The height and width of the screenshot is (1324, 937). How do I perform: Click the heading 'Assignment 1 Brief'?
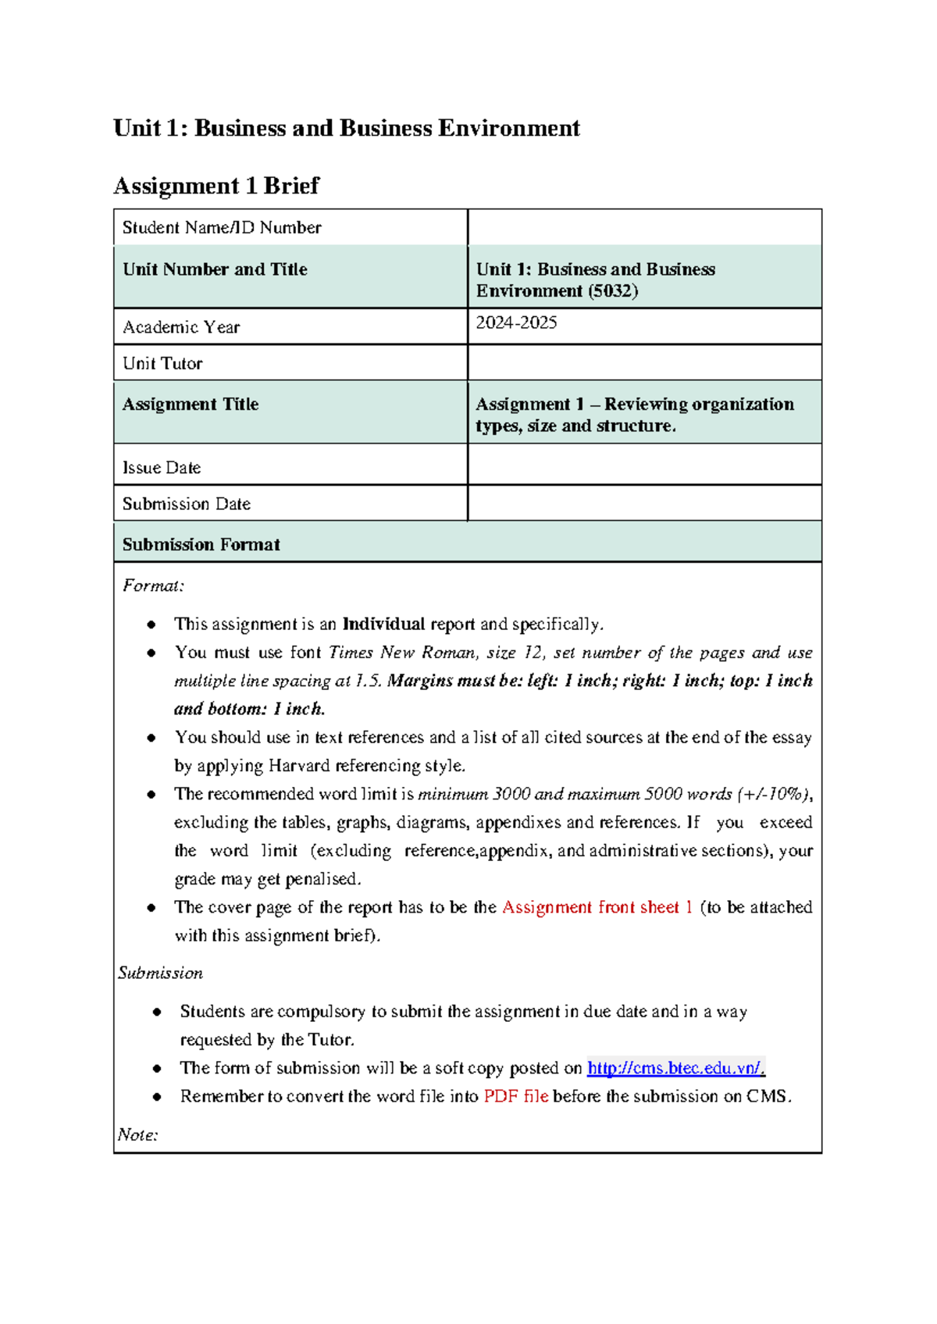(216, 186)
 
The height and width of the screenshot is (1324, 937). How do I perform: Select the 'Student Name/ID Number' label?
(222, 228)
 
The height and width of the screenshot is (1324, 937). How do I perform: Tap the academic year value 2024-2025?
(516, 322)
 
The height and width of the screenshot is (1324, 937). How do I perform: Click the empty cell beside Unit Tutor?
(644, 363)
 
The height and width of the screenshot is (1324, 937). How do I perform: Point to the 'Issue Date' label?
(162, 468)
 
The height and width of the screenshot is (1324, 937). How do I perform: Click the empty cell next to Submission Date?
(644, 504)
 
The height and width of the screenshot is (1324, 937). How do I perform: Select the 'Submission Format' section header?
(201, 544)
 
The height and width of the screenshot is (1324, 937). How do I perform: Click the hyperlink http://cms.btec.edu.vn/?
(675, 1068)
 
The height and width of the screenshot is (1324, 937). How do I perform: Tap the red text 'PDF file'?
(515, 1096)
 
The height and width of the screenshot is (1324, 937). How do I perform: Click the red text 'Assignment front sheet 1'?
(597, 907)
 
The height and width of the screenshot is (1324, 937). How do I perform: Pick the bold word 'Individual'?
(383, 624)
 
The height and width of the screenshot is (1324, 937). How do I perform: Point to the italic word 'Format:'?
(153, 585)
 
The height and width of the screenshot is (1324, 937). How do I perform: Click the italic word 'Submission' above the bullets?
(161, 973)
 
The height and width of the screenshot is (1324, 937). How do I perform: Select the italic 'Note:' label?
(137, 1134)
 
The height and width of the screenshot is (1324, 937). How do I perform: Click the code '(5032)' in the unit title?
(613, 291)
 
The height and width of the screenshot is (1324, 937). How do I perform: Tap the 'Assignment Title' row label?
(191, 404)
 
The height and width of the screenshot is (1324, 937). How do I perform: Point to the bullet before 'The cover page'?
(151, 907)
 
